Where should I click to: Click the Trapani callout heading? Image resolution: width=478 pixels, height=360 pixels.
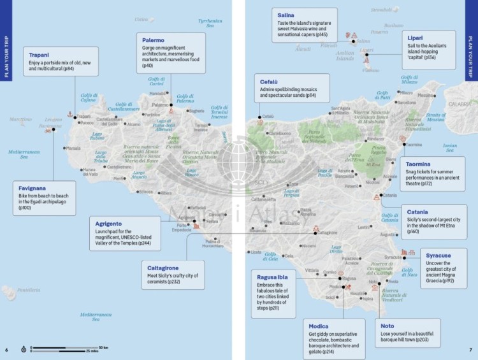(39, 55)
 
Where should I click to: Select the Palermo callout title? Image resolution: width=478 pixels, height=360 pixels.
(154, 40)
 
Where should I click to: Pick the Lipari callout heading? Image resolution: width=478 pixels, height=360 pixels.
(416, 38)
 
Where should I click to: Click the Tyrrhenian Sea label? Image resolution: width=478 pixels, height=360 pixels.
(210, 23)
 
